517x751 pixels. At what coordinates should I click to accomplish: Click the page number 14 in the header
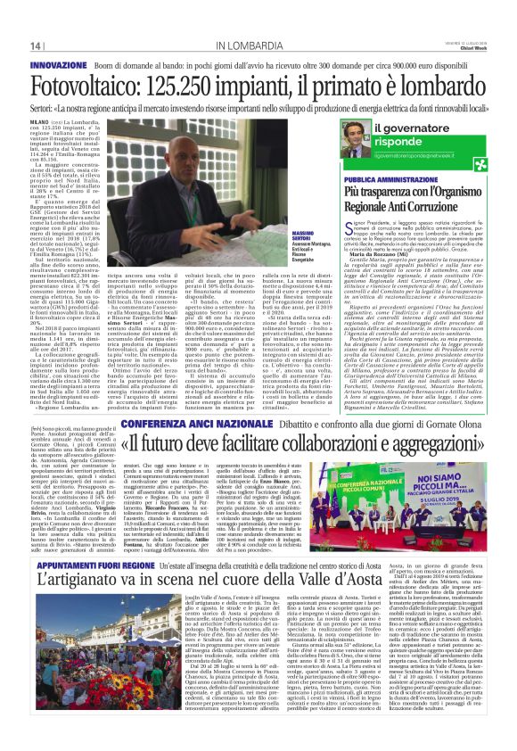click(x=36, y=45)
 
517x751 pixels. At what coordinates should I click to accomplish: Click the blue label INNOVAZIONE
click(x=59, y=66)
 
